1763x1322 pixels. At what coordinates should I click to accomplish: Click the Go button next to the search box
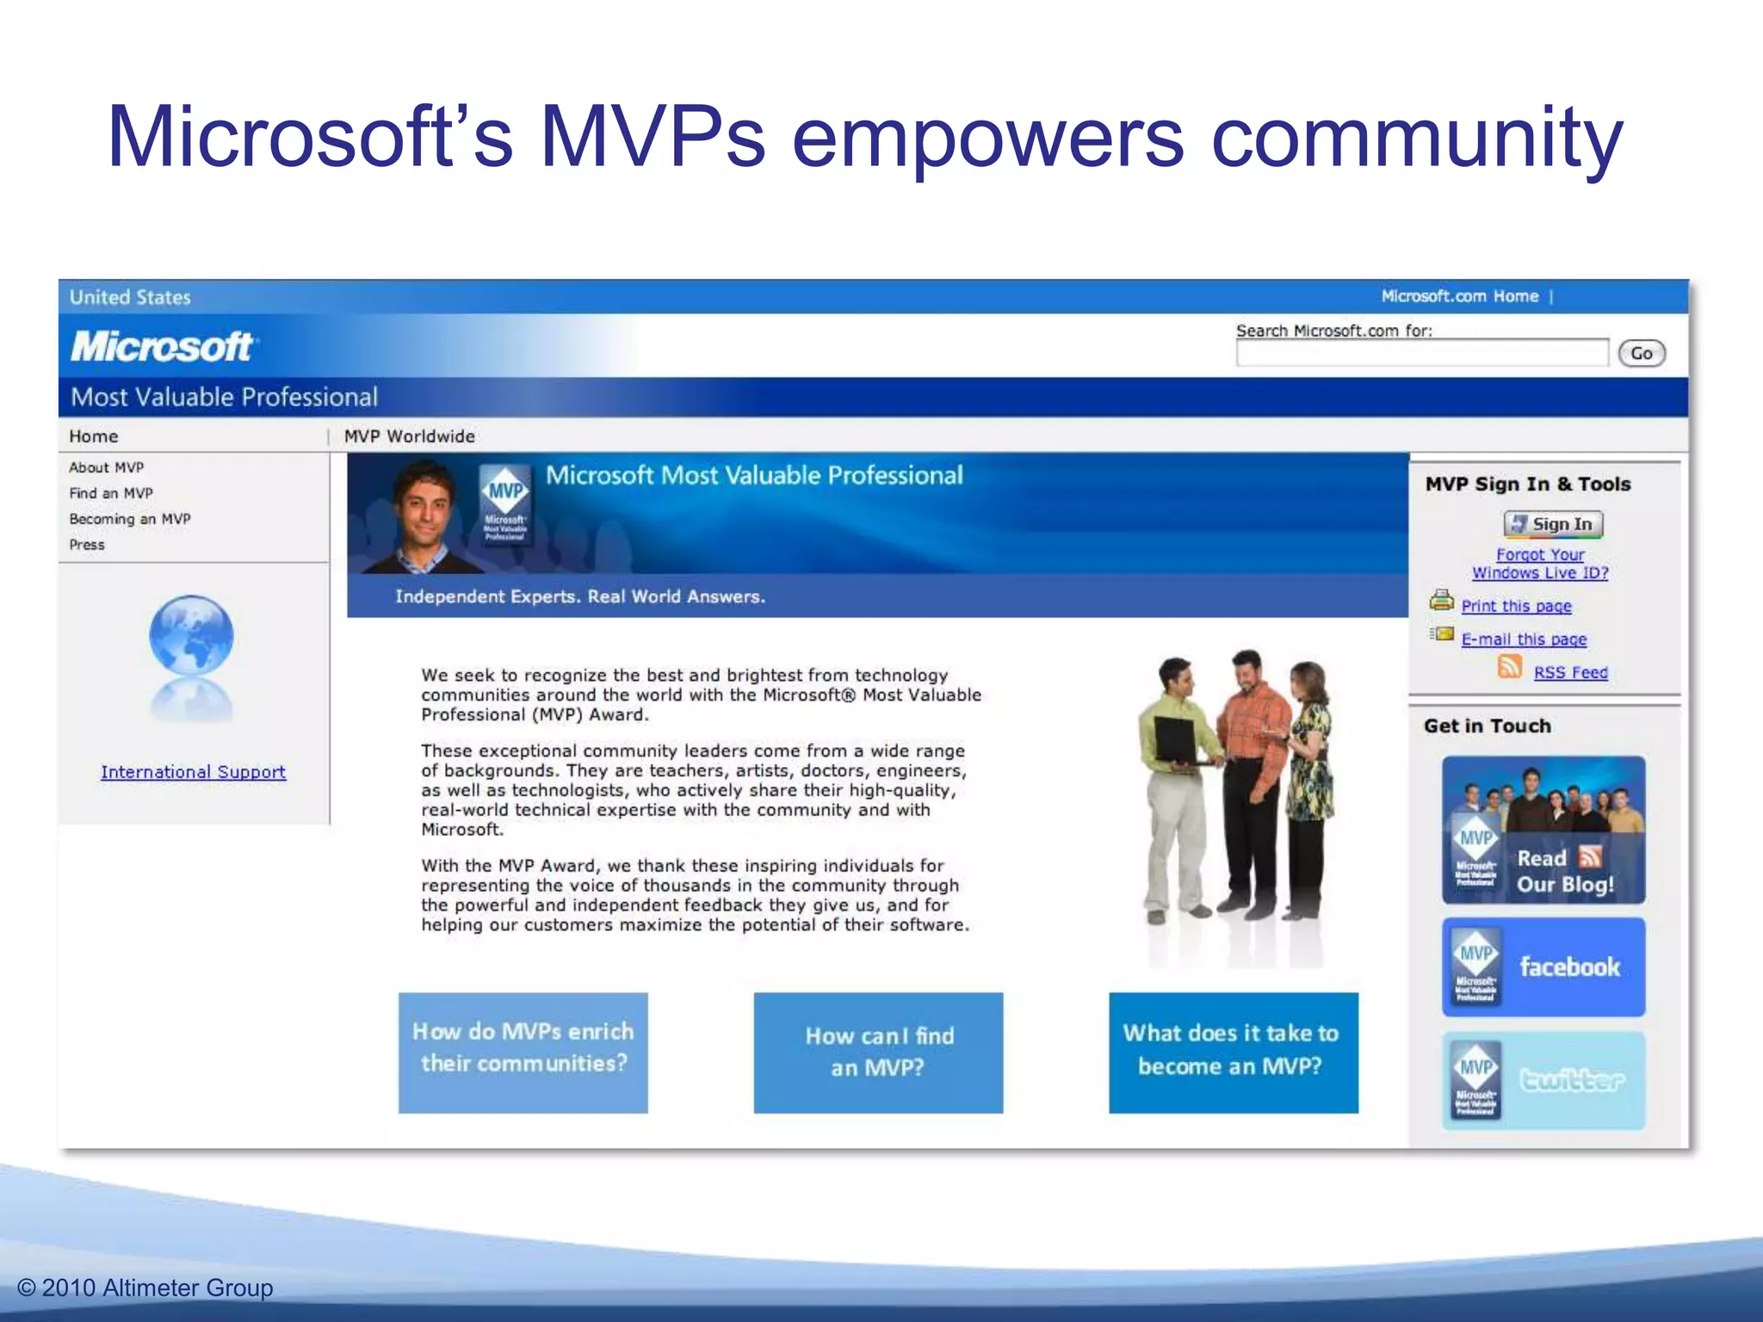pos(1641,353)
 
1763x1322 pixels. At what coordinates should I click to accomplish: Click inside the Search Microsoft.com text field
pos(1421,353)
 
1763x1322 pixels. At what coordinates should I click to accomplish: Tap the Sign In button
pos(1553,524)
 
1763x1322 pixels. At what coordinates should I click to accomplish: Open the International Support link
pos(193,772)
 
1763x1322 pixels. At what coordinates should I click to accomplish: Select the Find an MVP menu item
pos(111,493)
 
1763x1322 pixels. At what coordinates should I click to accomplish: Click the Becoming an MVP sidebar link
pos(130,519)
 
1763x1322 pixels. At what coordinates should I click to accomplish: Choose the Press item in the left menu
pos(87,545)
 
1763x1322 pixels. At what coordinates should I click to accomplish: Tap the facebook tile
pos(1543,967)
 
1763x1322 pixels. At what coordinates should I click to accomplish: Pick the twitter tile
pos(1543,1080)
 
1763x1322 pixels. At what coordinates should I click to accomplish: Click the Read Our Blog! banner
pos(1543,830)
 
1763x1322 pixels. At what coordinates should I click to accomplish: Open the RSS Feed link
pos(1570,672)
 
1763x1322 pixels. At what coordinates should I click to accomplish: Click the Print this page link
pos(1516,606)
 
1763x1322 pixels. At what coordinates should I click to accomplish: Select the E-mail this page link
pos(1524,639)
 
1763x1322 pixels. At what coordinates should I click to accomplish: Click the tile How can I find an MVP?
pos(878,1052)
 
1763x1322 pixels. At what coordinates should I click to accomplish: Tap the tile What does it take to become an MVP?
pos(1233,1052)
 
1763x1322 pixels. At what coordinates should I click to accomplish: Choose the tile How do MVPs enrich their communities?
pos(523,1052)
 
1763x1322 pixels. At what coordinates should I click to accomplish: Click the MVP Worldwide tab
pos(409,436)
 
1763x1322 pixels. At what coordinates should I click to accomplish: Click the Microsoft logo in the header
pos(162,347)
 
